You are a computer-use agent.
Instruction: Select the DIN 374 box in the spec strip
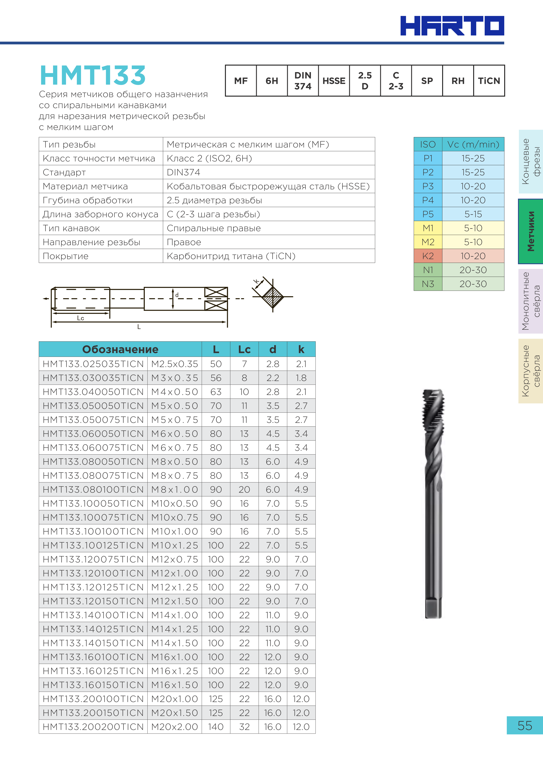pyautogui.click(x=303, y=81)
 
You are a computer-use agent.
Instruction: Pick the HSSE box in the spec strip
pyautogui.click(x=334, y=81)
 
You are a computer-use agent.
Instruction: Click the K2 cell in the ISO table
pyautogui.click(x=428, y=256)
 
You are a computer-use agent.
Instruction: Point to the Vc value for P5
pyautogui.click(x=473, y=214)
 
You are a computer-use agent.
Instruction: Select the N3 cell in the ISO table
pyautogui.click(x=428, y=284)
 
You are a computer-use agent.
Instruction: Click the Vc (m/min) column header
pyautogui.click(x=473, y=144)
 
